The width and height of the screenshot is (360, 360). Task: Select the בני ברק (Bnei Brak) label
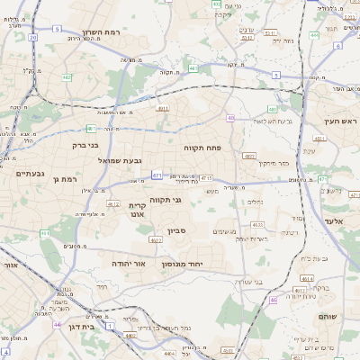[x=85, y=144]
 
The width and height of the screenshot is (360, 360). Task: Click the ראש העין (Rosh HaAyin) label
[x=341, y=121]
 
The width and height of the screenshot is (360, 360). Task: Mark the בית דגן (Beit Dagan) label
[x=81, y=327]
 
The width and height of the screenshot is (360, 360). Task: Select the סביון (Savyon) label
[x=175, y=231]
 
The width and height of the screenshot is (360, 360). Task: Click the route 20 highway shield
[x=33, y=38]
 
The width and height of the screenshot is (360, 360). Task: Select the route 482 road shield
[x=67, y=77]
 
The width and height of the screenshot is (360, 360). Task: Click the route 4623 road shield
[x=257, y=224]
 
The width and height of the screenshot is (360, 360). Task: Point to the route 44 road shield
[x=58, y=324]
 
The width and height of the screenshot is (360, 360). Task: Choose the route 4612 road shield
[x=113, y=204]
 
